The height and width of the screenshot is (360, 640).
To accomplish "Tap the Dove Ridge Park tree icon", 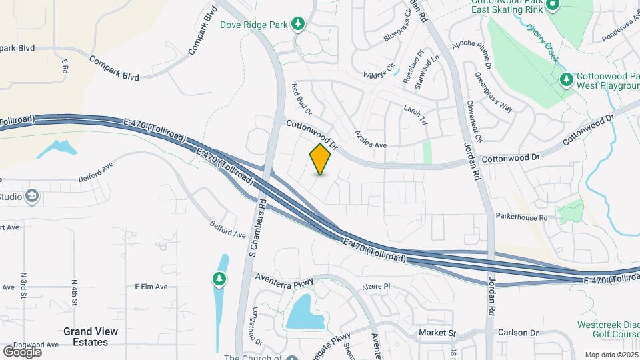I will click(299, 25).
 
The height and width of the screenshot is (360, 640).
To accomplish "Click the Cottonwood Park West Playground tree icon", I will click(566, 80).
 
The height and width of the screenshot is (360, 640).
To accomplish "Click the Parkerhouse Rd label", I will click(521, 217).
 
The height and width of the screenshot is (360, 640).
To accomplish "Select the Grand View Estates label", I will click(91, 337).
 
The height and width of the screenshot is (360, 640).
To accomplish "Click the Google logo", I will click(22, 351).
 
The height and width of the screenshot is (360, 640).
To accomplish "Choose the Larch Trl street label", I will click(415, 114).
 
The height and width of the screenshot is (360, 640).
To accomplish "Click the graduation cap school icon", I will click(32, 196).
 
